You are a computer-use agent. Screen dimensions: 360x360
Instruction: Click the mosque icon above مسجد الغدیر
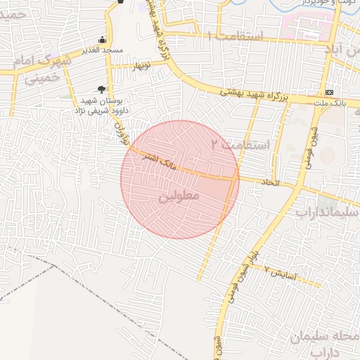[x=103, y=40]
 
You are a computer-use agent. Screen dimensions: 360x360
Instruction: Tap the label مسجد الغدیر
[x=103, y=51]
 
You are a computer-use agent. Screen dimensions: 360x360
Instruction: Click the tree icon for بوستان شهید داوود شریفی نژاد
[x=102, y=89]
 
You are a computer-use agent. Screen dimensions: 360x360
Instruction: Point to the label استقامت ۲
[x=241, y=145]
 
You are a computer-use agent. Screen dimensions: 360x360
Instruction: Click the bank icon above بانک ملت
[x=329, y=93]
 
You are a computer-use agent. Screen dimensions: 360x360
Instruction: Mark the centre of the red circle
[x=180, y=179]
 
